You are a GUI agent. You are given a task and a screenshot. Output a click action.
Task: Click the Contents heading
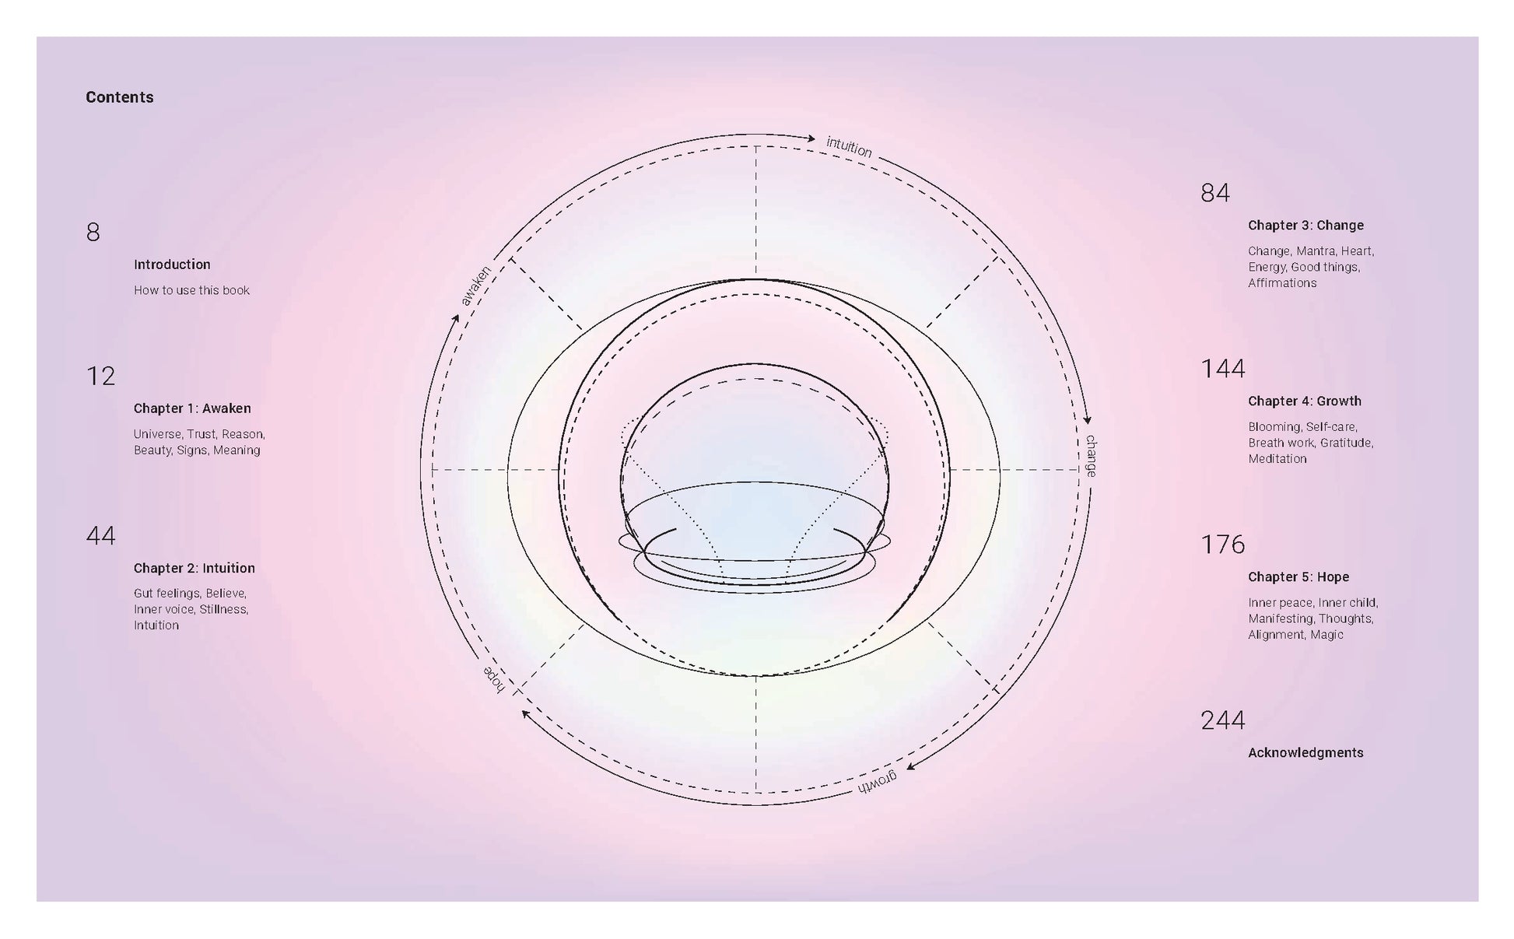pos(120,97)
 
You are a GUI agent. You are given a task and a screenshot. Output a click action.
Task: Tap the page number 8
pos(93,232)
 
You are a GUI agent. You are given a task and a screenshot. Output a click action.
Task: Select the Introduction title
pos(172,265)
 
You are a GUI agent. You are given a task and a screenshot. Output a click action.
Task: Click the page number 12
pos(101,376)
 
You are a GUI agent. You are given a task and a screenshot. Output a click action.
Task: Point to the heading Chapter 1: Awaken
pos(192,408)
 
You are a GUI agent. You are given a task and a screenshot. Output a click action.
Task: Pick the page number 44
pos(101,535)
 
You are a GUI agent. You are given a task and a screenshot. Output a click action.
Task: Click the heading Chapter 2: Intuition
pos(195,568)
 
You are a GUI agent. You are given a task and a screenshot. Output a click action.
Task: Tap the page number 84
pos(1215,192)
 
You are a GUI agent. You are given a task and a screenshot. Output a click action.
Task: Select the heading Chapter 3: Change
pos(1306,225)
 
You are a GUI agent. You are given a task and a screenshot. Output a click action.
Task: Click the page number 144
pos(1223,368)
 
